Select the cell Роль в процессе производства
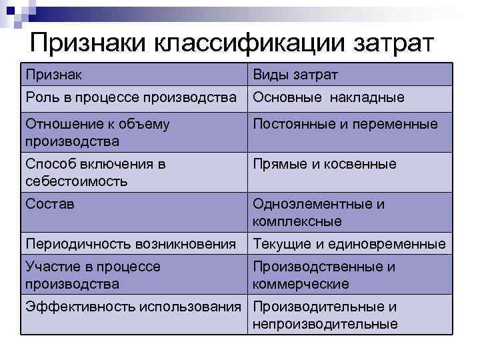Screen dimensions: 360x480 (x=131, y=97)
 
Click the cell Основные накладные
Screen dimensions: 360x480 (x=329, y=97)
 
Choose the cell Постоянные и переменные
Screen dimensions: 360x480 (x=345, y=124)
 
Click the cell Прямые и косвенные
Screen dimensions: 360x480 (x=325, y=164)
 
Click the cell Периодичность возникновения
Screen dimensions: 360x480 (x=131, y=244)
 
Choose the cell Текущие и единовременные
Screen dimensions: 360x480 (x=349, y=244)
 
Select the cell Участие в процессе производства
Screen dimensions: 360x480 (x=93, y=275)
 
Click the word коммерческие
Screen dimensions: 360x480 (x=301, y=284)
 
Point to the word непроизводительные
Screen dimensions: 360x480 (x=325, y=324)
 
